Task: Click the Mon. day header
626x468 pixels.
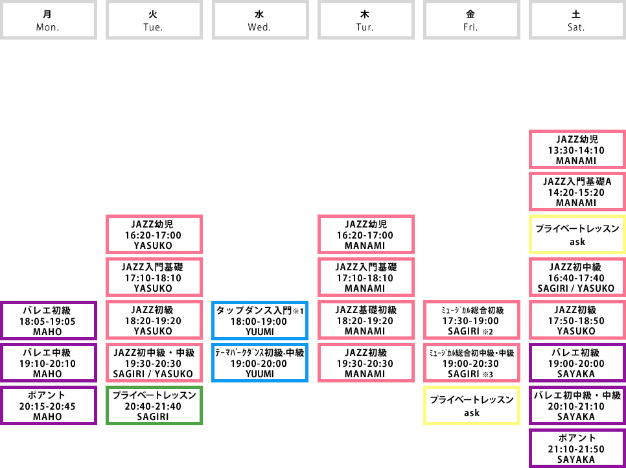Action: (x=49, y=20)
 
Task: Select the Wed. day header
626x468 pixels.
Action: (x=261, y=20)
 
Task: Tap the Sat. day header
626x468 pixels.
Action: (x=577, y=20)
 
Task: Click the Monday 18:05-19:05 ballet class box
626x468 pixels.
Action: (x=49, y=321)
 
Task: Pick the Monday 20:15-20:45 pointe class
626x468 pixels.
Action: (x=49, y=406)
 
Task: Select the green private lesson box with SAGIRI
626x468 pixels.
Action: (x=154, y=406)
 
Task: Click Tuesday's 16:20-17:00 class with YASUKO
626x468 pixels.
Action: (x=154, y=235)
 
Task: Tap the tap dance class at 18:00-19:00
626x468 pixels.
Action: (x=261, y=321)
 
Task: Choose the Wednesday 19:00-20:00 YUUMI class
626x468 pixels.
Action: (x=261, y=363)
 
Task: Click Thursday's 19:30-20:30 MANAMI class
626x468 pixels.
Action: (x=366, y=363)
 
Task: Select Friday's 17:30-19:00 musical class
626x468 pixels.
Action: (x=472, y=321)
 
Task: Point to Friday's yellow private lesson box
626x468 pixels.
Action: (x=472, y=406)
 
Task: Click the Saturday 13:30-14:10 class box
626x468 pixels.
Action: (x=577, y=150)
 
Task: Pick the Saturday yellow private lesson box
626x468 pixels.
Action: (x=577, y=235)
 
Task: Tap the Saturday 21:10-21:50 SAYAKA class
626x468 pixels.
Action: (x=577, y=448)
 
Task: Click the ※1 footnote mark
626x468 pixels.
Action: (x=299, y=311)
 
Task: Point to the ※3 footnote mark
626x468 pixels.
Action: (x=488, y=375)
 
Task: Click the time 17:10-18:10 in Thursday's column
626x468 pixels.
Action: (x=365, y=278)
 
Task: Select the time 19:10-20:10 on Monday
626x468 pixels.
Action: (x=47, y=364)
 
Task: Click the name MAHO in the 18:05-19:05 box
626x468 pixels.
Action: (x=47, y=331)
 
